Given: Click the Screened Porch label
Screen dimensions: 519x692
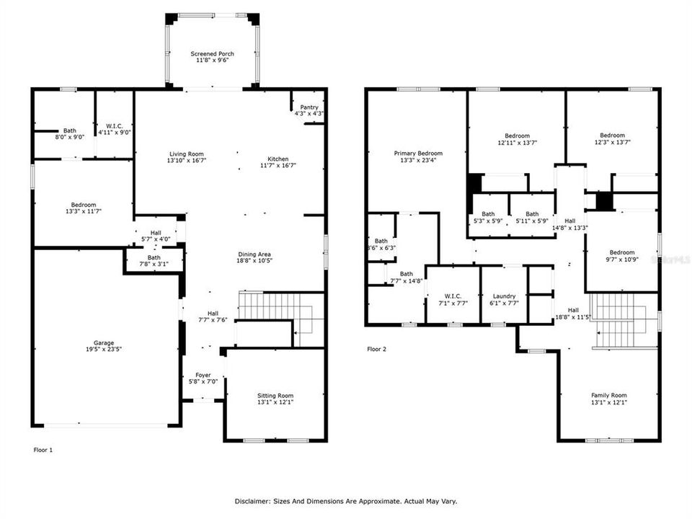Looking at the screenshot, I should coord(212,54).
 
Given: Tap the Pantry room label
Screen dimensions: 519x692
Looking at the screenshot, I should coord(309,107).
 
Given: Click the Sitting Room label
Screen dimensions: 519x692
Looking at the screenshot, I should coord(275,396).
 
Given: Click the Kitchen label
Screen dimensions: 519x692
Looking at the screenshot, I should coord(278,159).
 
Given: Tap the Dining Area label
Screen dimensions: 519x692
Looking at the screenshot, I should coord(255,254).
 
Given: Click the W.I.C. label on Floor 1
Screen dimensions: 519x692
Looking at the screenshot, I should coord(114,125).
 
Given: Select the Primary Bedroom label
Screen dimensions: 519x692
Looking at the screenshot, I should coord(418,154).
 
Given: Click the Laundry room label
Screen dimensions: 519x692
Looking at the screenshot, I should coord(503,296).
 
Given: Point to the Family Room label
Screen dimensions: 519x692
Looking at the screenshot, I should coord(608,396).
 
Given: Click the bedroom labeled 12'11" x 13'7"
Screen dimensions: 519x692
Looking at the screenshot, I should coord(517,136).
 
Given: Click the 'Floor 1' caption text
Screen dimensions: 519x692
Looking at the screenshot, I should coord(43,450).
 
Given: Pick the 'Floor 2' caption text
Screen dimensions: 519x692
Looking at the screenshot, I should coord(377,349).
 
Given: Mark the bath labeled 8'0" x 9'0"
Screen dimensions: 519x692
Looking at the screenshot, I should coord(69,131).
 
